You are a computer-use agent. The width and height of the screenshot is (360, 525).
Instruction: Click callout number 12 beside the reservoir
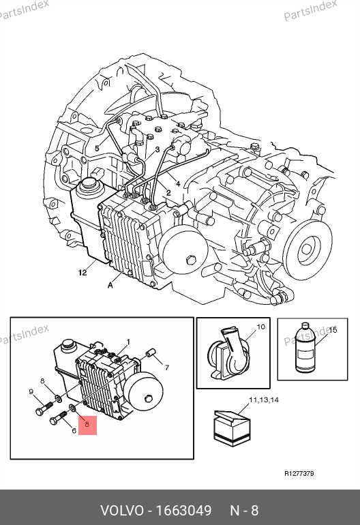coord(82,273)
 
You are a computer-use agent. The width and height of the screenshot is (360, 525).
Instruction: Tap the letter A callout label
coord(110,285)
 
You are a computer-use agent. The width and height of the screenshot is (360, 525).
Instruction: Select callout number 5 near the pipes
coord(97,148)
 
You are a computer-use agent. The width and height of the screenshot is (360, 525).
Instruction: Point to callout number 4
coord(178,183)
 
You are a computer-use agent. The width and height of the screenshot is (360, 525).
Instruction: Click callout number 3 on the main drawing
coord(157,149)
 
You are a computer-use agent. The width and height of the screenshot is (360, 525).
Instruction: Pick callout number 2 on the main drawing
coord(168,192)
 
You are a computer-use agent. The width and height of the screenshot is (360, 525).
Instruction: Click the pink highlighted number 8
coord(87,425)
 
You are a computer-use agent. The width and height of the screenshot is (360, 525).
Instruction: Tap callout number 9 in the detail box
coord(31,391)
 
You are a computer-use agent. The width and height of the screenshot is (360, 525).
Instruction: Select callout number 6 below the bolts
coord(74,431)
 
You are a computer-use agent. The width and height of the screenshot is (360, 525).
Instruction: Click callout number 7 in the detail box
coord(167,367)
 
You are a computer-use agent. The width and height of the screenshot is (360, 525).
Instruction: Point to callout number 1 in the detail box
coord(128,342)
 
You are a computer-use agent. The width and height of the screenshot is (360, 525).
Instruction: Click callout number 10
coord(260,327)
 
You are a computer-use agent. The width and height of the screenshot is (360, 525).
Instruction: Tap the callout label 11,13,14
coord(264,400)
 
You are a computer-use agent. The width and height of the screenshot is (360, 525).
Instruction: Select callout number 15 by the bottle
coord(333,330)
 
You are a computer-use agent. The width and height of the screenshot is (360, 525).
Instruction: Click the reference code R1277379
coord(299,473)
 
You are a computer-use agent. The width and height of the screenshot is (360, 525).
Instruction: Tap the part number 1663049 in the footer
coord(184,511)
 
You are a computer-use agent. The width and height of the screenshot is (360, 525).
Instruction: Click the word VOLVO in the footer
coord(122,511)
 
